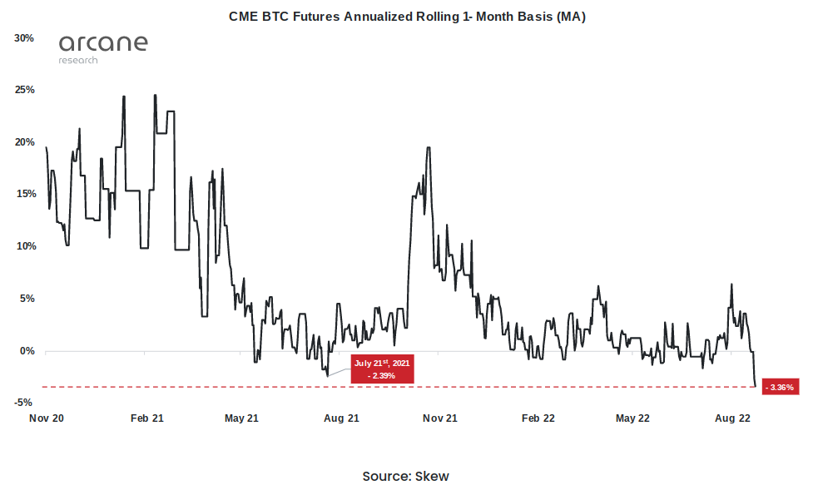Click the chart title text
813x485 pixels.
[407, 17]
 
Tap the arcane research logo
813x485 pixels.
[103, 48]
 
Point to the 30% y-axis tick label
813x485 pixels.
[24, 38]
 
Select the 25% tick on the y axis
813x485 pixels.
[24, 90]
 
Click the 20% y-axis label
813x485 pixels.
[24, 142]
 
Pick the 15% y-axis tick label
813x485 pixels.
[24, 194]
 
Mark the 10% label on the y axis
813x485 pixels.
[24, 246]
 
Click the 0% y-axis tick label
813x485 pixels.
[27, 351]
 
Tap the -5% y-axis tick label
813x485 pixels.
[25, 403]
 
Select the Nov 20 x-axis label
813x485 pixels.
[47, 418]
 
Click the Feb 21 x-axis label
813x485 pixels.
[146, 418]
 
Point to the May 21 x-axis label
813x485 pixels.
[242, 418]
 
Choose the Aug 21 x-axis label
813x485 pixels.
[340, 418]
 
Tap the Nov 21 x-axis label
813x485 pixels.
[439, 418]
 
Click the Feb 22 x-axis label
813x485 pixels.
[538, 418]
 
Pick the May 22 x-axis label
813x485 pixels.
[632, 418]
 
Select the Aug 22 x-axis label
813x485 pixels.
[732, 418]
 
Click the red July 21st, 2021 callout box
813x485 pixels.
[382, 369]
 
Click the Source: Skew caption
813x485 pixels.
[405, 476]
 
